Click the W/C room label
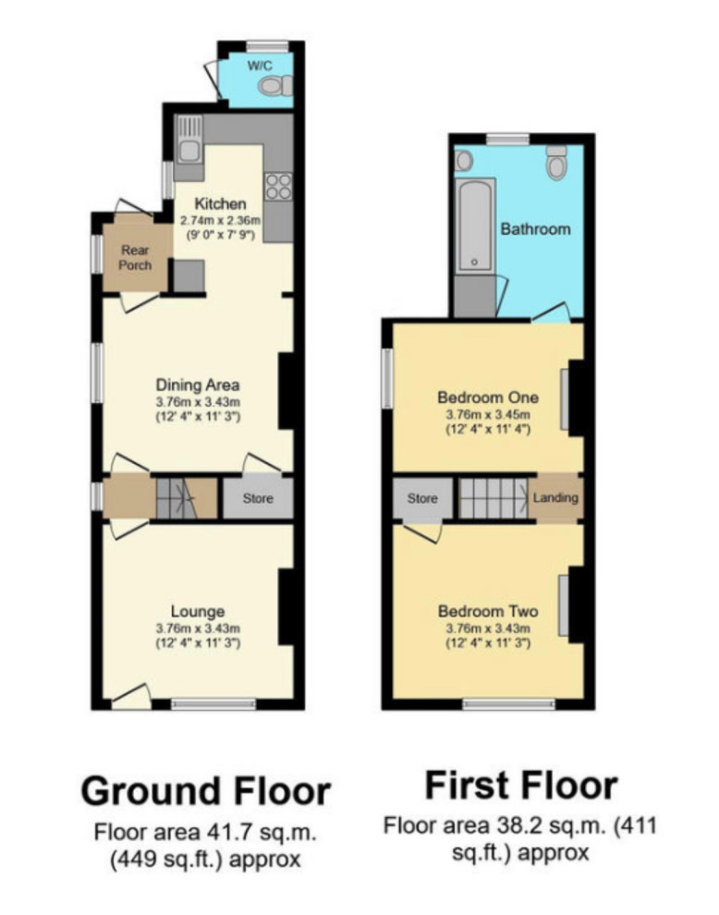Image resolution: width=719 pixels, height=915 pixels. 258,67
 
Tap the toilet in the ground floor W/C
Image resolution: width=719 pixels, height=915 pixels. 273,87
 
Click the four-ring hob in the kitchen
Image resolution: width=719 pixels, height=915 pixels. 278,187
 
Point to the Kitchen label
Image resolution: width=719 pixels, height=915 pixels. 221,203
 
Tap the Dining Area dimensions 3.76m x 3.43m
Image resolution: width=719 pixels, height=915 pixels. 198,401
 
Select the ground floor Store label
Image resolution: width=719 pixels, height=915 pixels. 258,499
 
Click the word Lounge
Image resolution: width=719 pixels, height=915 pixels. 198,611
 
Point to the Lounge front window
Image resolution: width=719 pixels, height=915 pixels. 213,704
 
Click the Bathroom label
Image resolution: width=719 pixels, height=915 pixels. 535,228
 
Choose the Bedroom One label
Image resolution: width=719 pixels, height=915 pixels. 487,397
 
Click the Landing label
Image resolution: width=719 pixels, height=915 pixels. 556,497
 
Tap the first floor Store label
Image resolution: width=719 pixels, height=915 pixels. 422,498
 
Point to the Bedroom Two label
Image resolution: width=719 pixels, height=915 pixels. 487,611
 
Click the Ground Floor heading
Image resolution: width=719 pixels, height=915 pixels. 205,791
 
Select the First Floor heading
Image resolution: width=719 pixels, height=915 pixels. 520,786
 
